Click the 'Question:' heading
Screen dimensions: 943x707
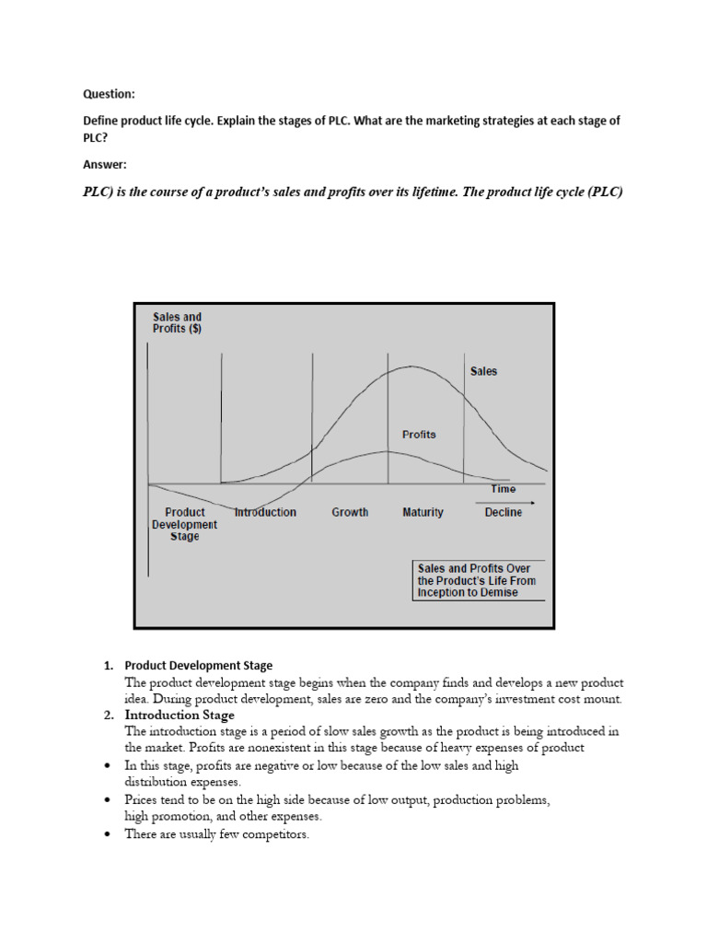coord(109,94)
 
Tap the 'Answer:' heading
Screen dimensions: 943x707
coord(105,165)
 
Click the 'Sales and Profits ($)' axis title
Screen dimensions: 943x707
coord(177,323)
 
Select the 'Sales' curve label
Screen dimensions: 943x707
coord(483,371)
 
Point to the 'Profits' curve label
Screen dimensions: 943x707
coord(419,434)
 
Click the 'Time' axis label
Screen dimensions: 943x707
coord(504,489)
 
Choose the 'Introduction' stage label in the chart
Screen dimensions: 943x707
coord(265,512)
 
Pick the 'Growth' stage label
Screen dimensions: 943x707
coord(350,512)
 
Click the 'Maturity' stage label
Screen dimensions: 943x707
coord(423,512)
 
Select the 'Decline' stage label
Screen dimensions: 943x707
coord(503,512)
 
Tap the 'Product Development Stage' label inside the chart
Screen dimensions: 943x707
coord(184,524)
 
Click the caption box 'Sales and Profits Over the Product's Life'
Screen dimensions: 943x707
coord(477,580)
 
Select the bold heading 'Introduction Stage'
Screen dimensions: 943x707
coord(180,715)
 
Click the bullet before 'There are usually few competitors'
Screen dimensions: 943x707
coord(108,834)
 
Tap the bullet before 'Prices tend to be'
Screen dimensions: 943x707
coord(108,801)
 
